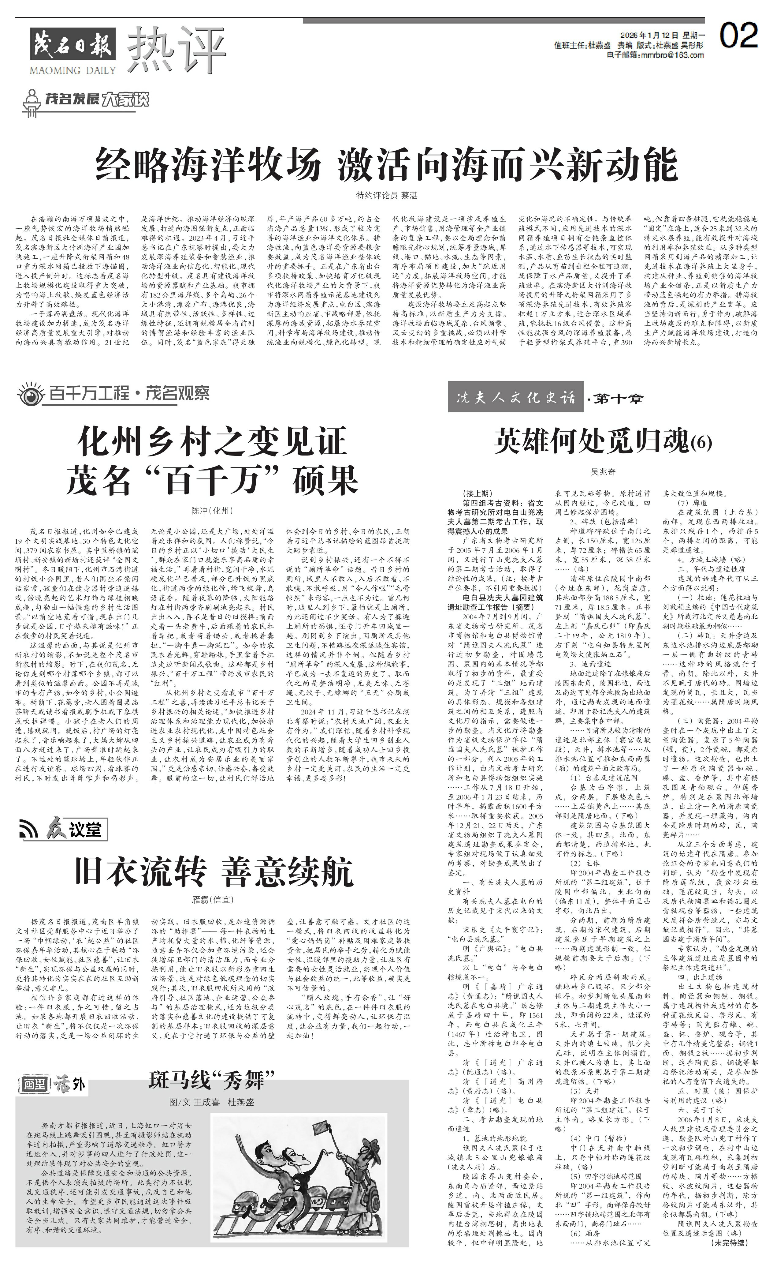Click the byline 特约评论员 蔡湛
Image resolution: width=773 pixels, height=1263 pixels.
[x=387, y=196]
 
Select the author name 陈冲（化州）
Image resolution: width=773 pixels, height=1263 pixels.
[x=212, y=511]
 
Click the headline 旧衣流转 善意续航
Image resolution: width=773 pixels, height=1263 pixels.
[x=214, y=872]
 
